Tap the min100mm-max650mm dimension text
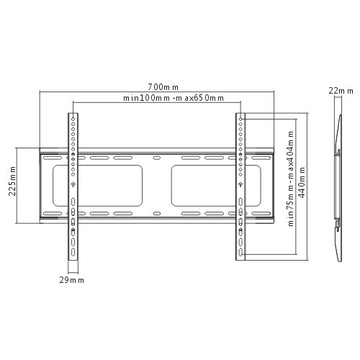coord(173,98)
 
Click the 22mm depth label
coord(340,91)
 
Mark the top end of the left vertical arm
coord(73,115)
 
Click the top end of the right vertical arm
coord(239,115)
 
